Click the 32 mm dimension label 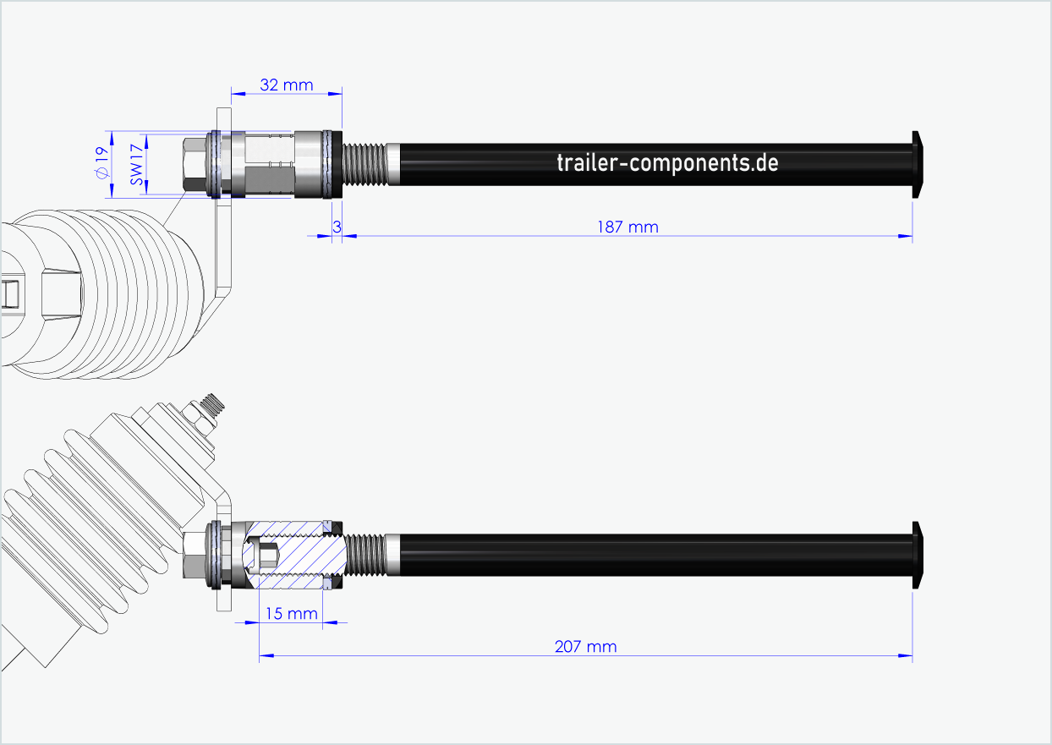pyautogui.click(x=287, y=85)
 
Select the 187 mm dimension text pyautogui.click(x=627, y=227)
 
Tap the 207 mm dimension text pyautogui.click(x=585, y=647)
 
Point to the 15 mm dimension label pyautogui.click(x=290, y=613)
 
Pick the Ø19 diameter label pyautogui.click(x=101, y=162)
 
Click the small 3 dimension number pyautogui.click(x=337, y=227)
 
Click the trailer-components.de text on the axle pyautogui.click(x=667, y=162)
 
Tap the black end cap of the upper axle pyautogui.click(x=918, y=164)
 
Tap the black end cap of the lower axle pyautogui.click(x=918, y=555)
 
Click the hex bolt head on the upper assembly pyautogui.click(x=195, y=165)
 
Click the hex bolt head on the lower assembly pyautogui.click(x=195, y=556)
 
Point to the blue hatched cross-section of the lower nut pyautogui.click(x=296, y=558)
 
